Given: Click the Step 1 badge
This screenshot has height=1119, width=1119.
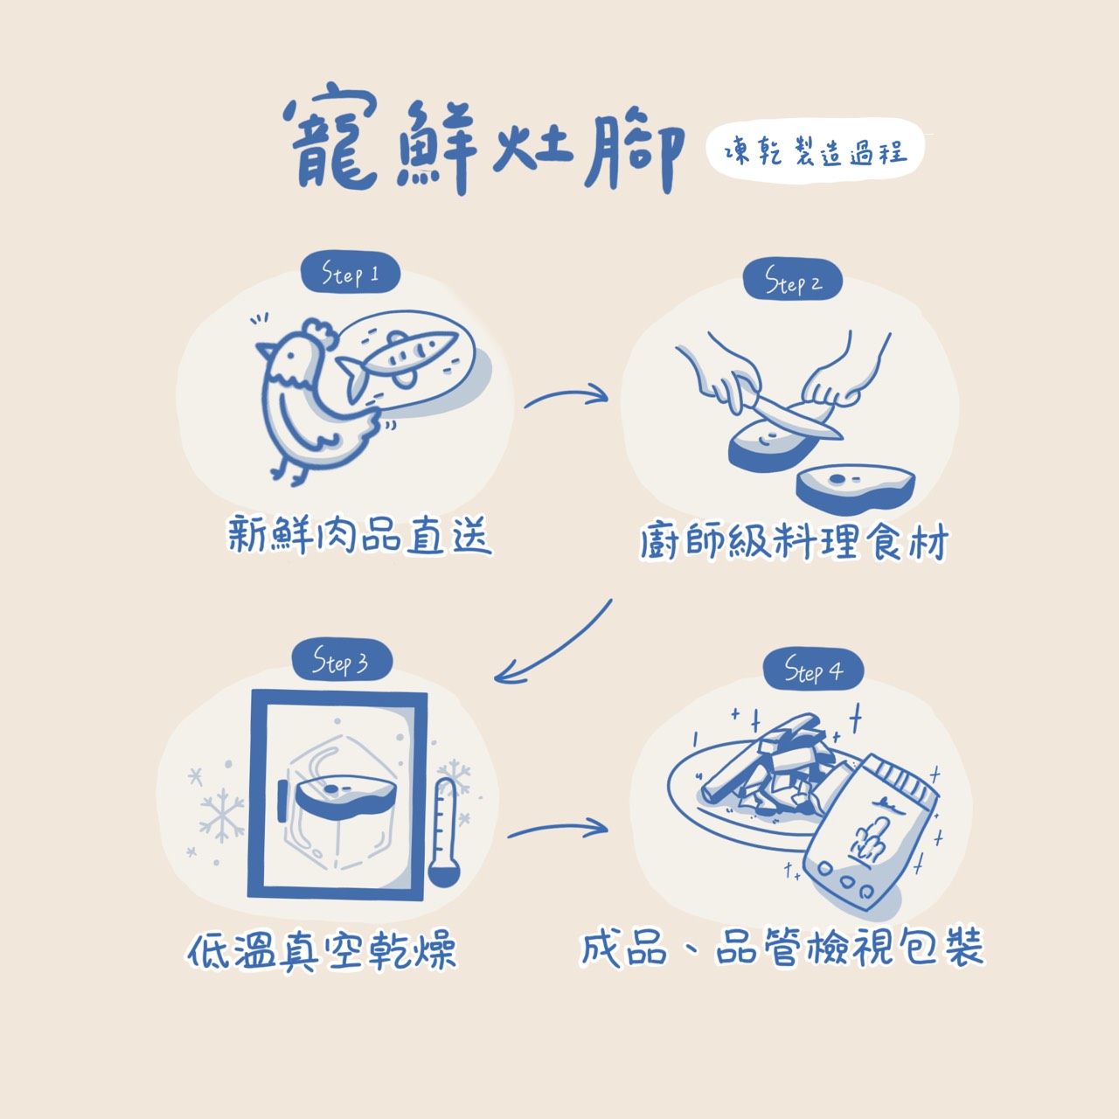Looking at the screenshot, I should (350, 274).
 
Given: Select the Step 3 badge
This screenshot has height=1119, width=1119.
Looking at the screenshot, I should (340, 662).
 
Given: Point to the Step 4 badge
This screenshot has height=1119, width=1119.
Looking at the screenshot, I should (813, 671).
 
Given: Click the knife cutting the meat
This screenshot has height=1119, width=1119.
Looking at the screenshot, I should (791, 417).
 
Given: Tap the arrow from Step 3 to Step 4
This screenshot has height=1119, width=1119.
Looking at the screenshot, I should (558, 829).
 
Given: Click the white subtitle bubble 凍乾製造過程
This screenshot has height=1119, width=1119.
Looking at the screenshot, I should (815, 153).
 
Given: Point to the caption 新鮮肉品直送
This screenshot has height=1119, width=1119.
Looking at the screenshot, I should (359, 533).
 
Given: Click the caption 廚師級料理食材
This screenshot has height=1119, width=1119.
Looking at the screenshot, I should (793, 542).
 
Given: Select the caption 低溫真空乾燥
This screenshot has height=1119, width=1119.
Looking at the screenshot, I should (322, 950).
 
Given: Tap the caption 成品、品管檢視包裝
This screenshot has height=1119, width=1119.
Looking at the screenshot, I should (782, 948).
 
